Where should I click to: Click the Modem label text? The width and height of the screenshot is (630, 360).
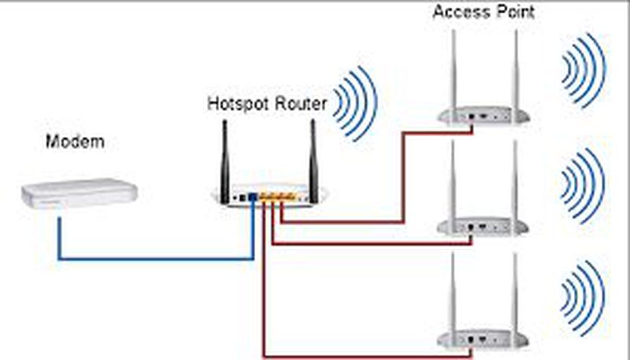(x=75, y=142)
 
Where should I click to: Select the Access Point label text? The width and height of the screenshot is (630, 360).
(x=484, y=13)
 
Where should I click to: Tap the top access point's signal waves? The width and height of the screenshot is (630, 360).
(x=583, y=71)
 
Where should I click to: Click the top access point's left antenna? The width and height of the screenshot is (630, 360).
(x=455, y=71)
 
